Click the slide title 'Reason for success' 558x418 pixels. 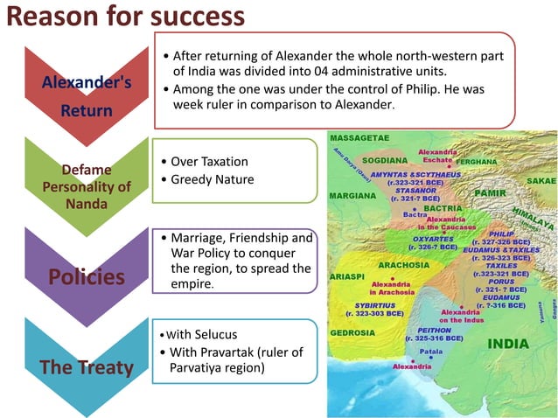pyautogui.click(x=122, y=17)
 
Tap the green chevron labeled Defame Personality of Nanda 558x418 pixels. pyautogui.click(x=87, y=186)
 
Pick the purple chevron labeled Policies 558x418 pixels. pyautogui.click(x=87, y=276)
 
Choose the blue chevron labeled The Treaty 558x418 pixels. pyautogui.click(x=87, y=366)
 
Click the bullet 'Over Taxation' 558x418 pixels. pyautogui.click(x=209, y=162)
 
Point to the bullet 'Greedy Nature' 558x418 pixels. pyautogui.click(x=212, y=179)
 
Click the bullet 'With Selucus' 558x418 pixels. pyautogui.click(x=203, y=334)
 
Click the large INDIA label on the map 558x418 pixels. pyautogui.click(x=508, y=344)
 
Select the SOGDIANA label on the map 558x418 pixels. pyautogui.click(x=384, y=162)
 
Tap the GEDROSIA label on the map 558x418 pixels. pyautogui.click(x=352, y=332)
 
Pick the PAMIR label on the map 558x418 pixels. pyautogui.click(x=491, y=191)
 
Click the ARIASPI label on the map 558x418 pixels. pyautogui.click(x=348, y=275)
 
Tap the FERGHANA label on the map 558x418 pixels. pyautogui.click(x=477, y=162)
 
